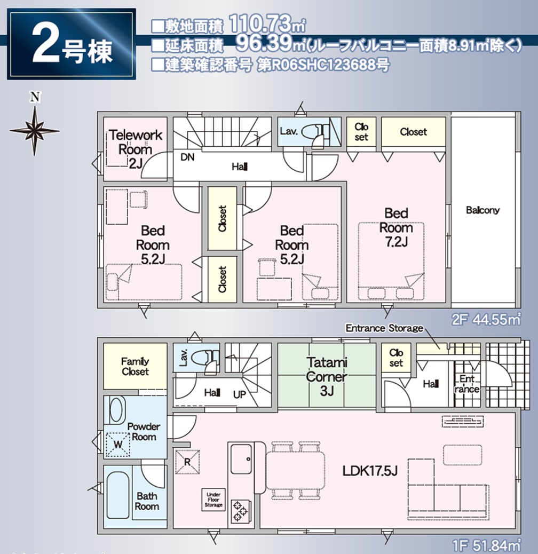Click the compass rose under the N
(x=34, y=131)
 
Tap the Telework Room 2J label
(x=135, y=149)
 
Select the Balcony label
(x=482, y=210)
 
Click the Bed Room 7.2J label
(x=396, y=227)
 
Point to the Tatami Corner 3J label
(x=327, y=377)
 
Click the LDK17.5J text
(x=370, y=471)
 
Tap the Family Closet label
(x=135, y=366)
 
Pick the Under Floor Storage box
(x=213, y=500)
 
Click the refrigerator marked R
(x=187, y=462)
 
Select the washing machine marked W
(x=118, y=445)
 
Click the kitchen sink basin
(x=241, y=459)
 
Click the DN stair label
(x=187, y=157)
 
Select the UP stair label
(x=240, y=394)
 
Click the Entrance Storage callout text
(x=384, y=328)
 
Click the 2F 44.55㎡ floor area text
(x=486, y=320)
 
